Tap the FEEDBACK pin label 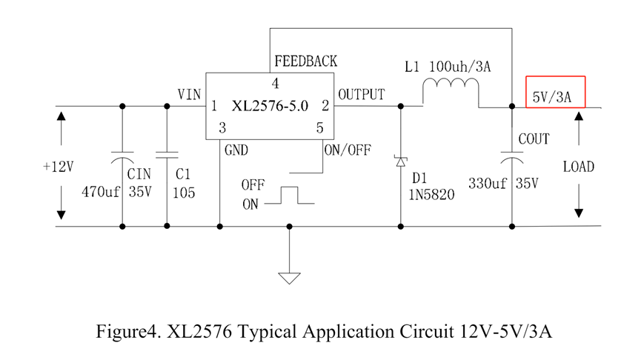click(305, 61)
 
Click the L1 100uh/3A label click(448, 67)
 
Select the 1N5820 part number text click(433, 195)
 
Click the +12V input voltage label click(58, 167)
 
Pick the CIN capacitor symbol click(122, 158)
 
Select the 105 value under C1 click(183, 193)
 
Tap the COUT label click(534, 139)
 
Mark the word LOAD click(578, 167)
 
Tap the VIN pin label click(189, 94)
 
